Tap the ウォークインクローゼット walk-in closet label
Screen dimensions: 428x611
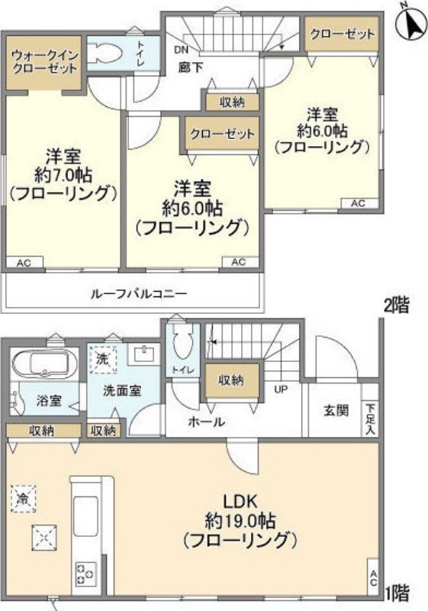tap(45, 62)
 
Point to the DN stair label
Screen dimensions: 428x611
tap(181, 50)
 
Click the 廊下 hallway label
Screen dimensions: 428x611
tap(191, 67)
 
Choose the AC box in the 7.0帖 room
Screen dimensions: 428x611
tap(24, 263)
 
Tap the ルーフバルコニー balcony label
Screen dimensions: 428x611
tap(139, 293)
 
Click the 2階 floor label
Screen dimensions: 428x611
tap(397, 305)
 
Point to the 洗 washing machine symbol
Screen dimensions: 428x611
tap(102, 359)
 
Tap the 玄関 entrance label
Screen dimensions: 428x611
tap(336, 410)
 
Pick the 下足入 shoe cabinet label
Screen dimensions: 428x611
tap(370, 419)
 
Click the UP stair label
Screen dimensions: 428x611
tap(281, 389)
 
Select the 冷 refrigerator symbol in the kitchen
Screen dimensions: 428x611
tap(24, 499)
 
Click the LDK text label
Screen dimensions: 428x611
tap(240, 501)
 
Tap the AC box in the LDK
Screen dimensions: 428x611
tap(373, 577)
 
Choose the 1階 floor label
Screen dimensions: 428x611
tap(397, 594)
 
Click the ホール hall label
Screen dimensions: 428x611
tap(206, 422)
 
